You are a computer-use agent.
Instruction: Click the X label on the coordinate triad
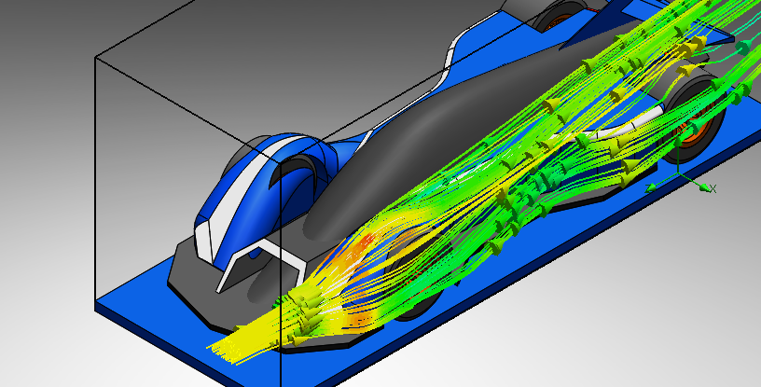[713, 188]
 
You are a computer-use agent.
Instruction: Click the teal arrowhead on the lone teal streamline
[743, 48]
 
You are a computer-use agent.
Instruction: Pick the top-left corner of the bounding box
[95, 57]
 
